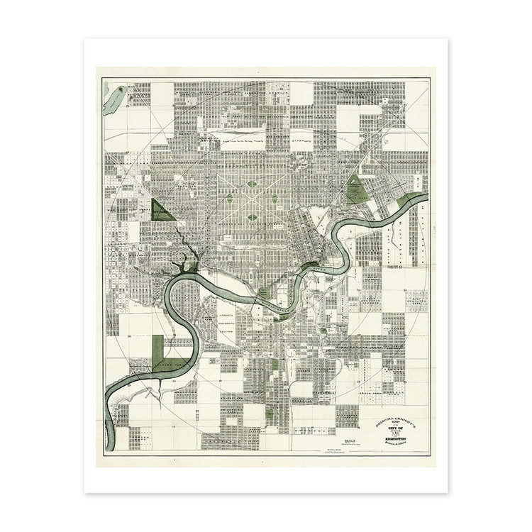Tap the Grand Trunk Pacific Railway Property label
[x=234, y=141]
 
